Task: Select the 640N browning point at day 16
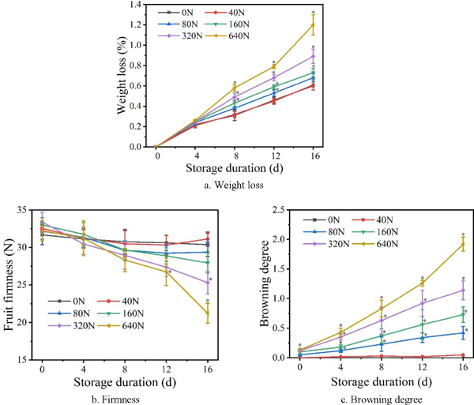click(462, 244)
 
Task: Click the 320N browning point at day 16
click(462, 290)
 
